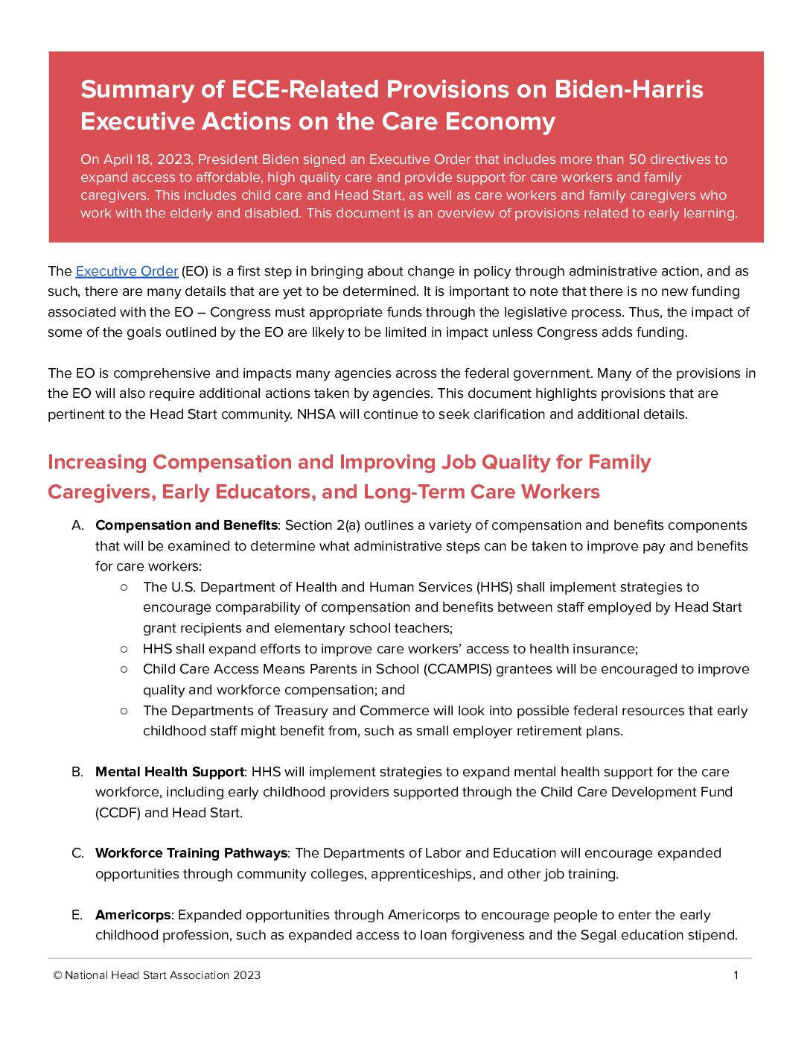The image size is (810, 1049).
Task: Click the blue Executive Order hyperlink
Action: tap(127, 271)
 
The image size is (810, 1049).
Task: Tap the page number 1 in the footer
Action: tap(736, 975)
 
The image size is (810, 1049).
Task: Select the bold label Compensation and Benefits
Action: tap(186, 525)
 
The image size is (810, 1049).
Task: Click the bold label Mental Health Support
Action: tap(170, 772)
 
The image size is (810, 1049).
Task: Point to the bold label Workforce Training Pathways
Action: tap(191, 853)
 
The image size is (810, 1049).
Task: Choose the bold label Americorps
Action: tap(133, 915)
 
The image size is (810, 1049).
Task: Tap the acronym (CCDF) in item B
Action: tap(118, 813)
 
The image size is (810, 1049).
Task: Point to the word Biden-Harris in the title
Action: tap(629, 89)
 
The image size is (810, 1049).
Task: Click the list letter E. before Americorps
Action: tap(77, 915)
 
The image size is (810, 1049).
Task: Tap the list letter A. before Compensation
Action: tap(77, 525)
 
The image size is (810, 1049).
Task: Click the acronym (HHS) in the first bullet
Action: tap(495, 587)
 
